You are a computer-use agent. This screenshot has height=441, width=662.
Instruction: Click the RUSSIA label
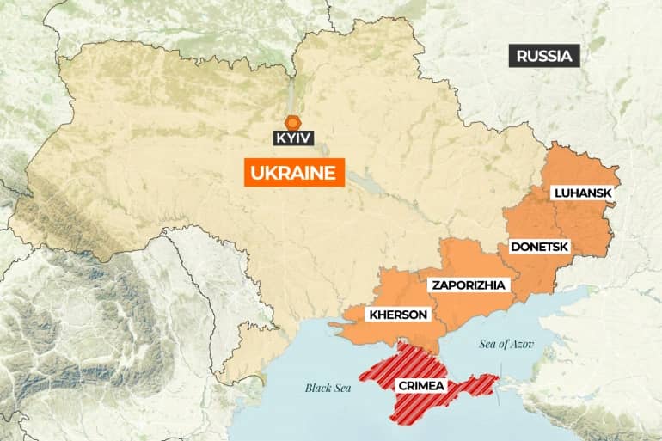pos(544,57)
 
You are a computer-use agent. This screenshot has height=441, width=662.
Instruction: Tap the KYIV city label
pos(294,137)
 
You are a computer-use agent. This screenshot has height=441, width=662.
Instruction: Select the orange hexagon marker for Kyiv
pos(293,121)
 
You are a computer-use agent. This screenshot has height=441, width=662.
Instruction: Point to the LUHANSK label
pos(583,193)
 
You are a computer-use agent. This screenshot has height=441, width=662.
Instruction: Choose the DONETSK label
pos(538,247)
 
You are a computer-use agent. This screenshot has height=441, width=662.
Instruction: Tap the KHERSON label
pos(397,315)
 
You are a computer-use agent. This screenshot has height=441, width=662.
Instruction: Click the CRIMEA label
pos(420,385)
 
